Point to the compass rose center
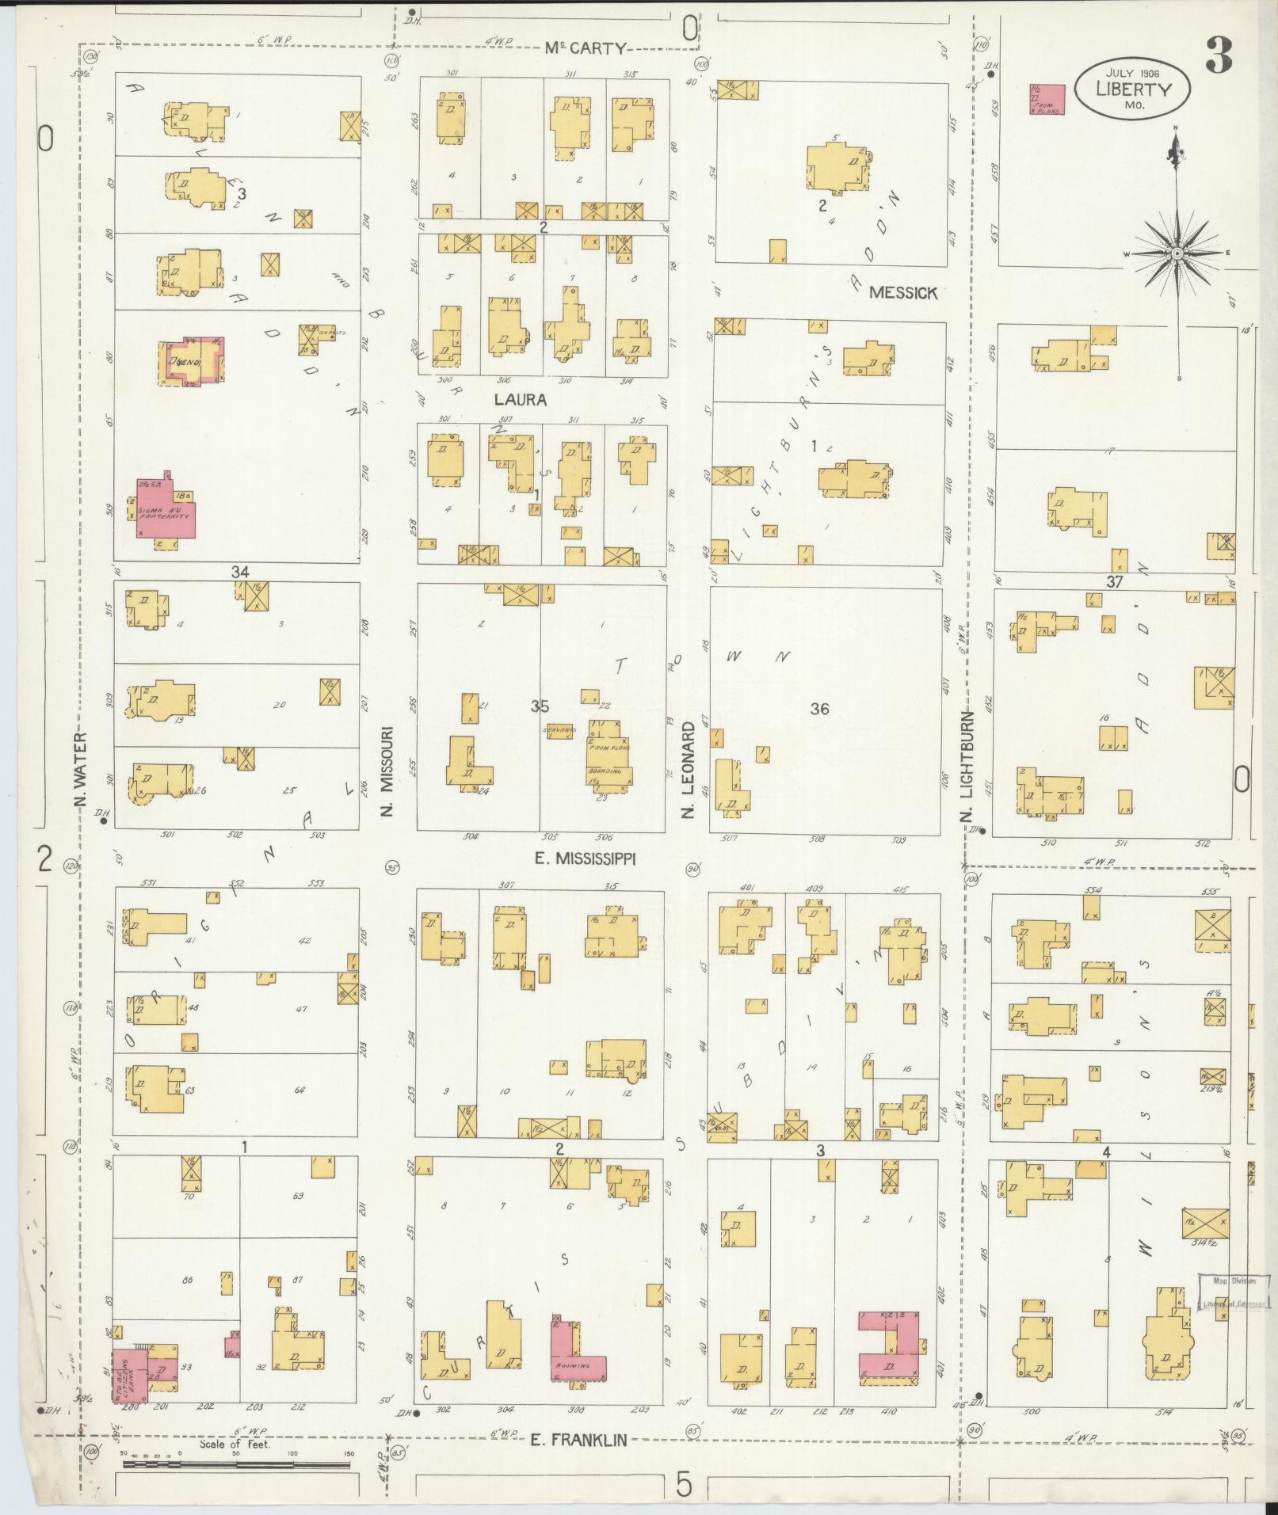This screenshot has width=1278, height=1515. [1177, 253]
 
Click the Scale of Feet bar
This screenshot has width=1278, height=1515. [235, 1464]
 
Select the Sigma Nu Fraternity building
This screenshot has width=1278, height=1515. [166, 510]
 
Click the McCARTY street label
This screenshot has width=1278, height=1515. [584, 48]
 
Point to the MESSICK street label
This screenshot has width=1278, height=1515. [902, 292]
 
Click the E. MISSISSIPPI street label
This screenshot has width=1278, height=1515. [585, 858]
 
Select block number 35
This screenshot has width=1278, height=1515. [540, 706]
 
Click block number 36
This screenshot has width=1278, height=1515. [819, 709]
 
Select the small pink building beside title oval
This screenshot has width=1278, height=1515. [1047, 100]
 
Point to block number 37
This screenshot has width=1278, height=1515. [1116, 582]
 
